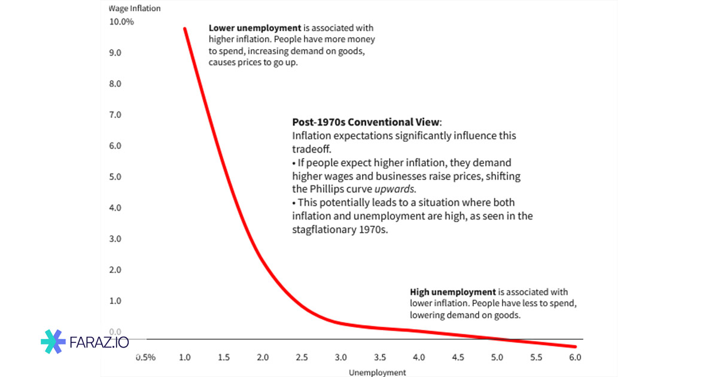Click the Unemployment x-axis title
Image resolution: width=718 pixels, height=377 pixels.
click(377, 372)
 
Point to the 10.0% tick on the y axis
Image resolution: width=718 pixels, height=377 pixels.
click(121, 22)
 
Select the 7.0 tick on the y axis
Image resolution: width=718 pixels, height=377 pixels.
click(114, 114)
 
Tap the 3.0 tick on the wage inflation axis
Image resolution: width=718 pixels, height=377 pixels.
click(114, 239)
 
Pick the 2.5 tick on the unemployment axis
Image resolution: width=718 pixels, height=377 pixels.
click(302, 357)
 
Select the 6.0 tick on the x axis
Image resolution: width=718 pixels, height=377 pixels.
click(575, 357)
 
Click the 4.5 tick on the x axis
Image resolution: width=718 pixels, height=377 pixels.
click(458, 357)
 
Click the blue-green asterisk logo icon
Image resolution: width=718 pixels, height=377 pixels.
click(53, 342)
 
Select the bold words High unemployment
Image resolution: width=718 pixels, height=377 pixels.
click(453, 292)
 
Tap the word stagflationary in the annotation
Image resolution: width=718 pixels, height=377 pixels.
click(321, 230)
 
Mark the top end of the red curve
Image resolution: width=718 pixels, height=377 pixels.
click(184, 28)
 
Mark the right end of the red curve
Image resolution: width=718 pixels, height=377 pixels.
click(575, 346)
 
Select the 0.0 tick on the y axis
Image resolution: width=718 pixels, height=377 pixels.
click(114, 332)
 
